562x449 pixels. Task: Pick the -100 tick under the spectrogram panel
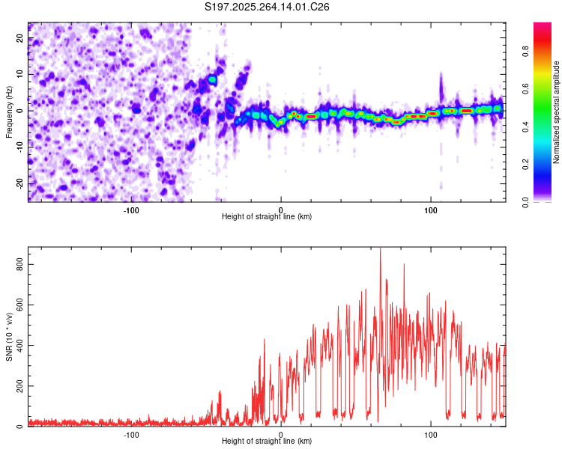(x=131, y=210)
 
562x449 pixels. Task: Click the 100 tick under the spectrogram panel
(x=430, y=210)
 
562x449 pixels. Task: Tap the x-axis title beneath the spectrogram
(x=267, y=217)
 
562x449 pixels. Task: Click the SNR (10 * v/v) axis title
(x=9, y=336)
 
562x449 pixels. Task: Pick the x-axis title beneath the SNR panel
(x=267, y=442)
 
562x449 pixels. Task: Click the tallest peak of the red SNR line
(x=380, y=249)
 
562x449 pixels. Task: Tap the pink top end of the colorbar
(x=543, y=27)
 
